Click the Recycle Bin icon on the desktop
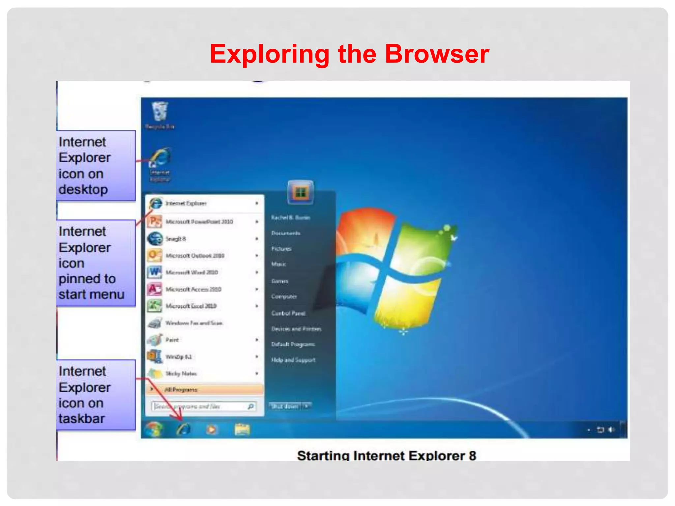[x=160, y=112]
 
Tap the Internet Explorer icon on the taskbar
[x=183, y=429]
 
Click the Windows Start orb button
[x=153, y=429]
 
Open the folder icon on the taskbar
[x=242, y=429]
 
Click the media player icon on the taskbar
[x=212, y=429]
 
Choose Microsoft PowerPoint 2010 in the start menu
[x=199, y=222]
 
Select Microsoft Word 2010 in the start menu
[x=191, y=272]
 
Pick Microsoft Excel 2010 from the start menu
[x=191, y=306]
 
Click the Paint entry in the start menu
[x=172, y=340]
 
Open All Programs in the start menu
[x=181, y=390]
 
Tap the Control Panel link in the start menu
[x=288, y=313]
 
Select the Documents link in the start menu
[x=285, y=233]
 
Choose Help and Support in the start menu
[x=293, y=360]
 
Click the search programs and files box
[x=199, y=407]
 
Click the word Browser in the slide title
[x=437, y=54]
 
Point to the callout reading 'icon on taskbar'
[x=96, y=395]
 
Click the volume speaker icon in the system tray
[x=611, y=430]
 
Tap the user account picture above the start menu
[x=300, y=192]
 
